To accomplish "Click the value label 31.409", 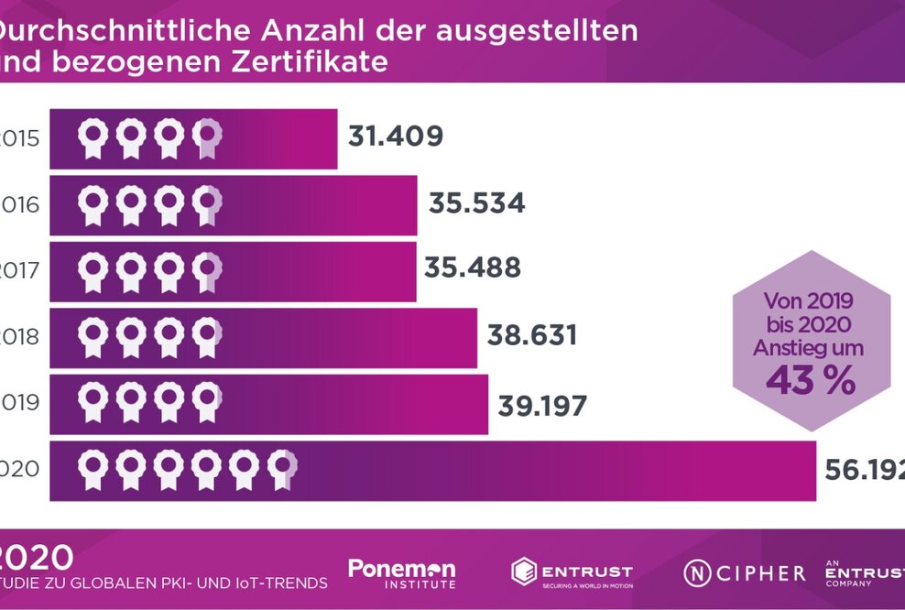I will (396, 136).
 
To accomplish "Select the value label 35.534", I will (476, 202).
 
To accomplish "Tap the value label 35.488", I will (472, 268).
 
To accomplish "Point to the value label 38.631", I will (532, 335).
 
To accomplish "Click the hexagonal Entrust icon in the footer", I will (523, 572).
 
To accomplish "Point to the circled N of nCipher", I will (696, 573).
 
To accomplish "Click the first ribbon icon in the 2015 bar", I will (92, 139).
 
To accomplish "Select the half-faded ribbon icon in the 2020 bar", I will (282, 469).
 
